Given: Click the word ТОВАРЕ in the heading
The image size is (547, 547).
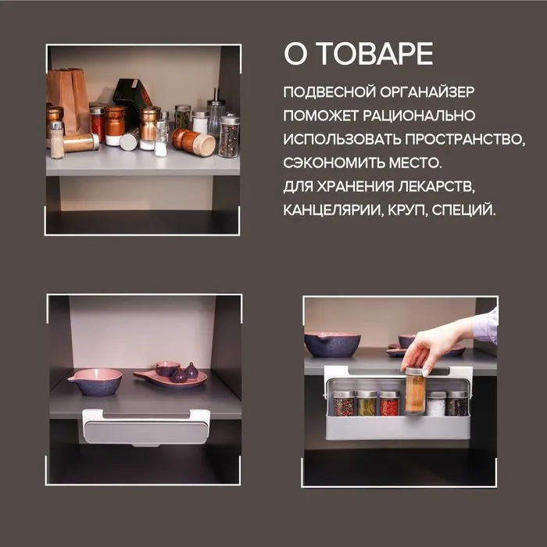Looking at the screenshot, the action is coord(376,54).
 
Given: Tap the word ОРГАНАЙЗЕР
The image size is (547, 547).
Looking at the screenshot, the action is coord(427,92).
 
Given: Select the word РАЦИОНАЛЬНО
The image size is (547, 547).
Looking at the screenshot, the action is coord(419,116).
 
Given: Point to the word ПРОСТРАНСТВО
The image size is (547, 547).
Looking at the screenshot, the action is coord(465,140).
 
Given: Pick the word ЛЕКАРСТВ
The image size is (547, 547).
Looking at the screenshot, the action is coord(437,187).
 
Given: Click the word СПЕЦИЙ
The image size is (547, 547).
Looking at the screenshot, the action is coord(463,209).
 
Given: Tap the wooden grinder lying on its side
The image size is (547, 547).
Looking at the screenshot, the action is coord(193,142).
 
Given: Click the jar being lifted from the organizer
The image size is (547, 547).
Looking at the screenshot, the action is coord(415,390).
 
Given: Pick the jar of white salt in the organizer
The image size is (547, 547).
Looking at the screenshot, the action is coord(436,404).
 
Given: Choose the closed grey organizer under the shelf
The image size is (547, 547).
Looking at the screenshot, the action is coord(147,427).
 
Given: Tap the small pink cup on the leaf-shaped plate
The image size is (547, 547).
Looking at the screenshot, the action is coord(167,368).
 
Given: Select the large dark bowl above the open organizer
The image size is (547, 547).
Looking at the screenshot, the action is coord(332,345).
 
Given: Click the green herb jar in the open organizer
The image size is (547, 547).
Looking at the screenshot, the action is coord(366,403).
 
